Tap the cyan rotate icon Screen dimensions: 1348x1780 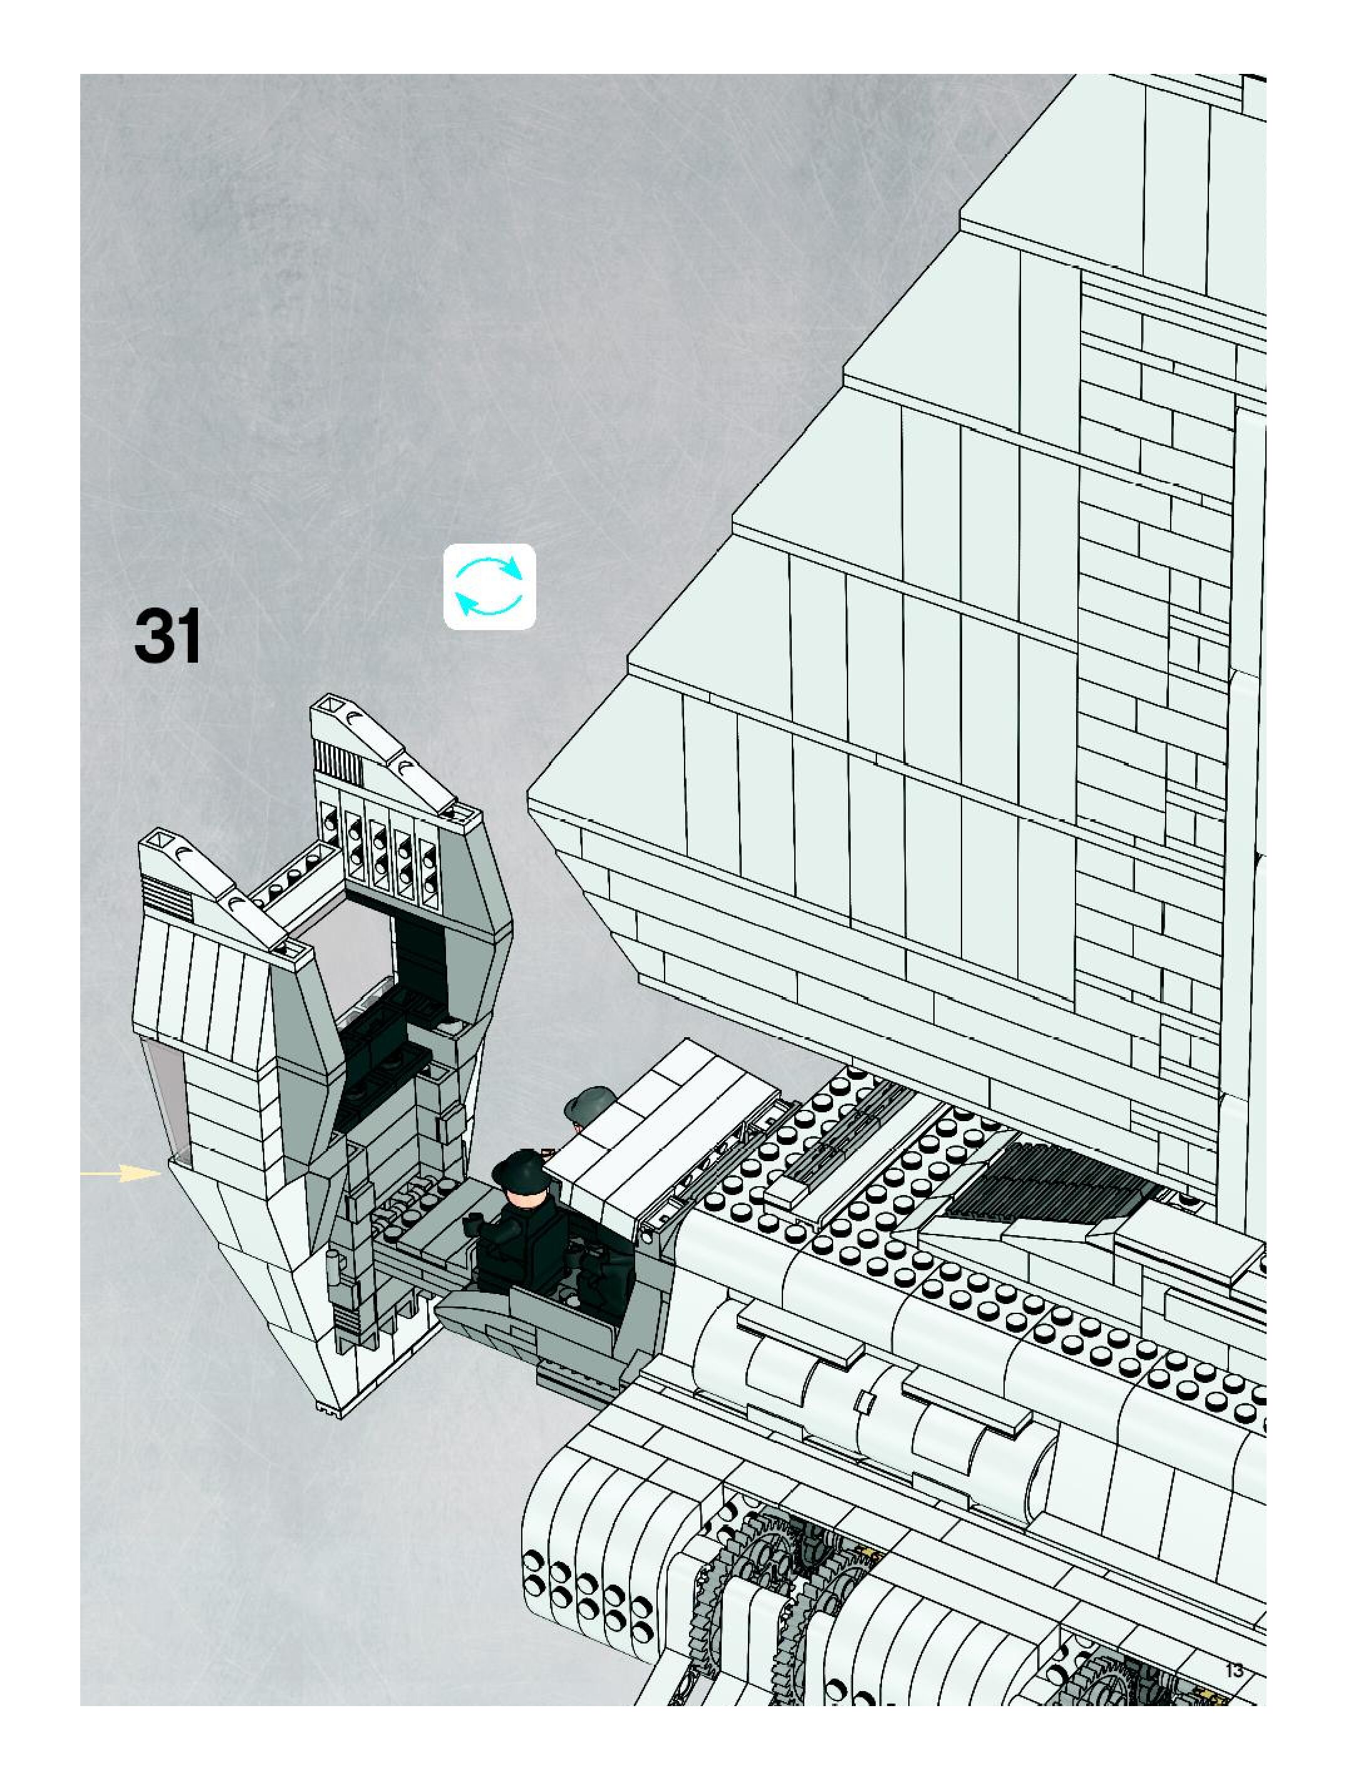click(489, 587)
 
